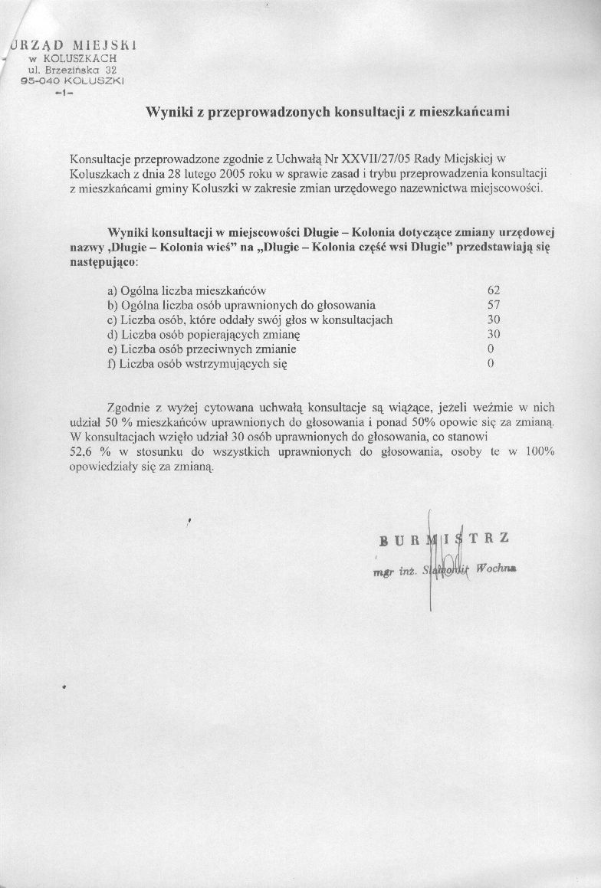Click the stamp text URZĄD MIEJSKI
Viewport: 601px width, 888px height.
pyautogui.click(x=73, y=45)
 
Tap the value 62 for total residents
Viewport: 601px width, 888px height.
pyautogui.click(x=494, y=291)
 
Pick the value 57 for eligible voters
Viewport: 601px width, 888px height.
pyautogui.click(x=494, y=306)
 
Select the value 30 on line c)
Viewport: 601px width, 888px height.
pyautogui.click(x=494, y=320)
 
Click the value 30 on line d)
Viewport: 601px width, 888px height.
pyautogui.click(x=494, y=335)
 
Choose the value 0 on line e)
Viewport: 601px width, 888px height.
pyautogui.click(x=491, y=349)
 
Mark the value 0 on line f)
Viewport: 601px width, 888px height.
pyautogui.click(x=491, y=364)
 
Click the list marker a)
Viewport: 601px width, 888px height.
pyautogui.click(x=113, y=291)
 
